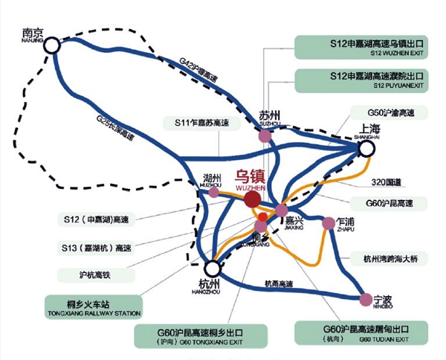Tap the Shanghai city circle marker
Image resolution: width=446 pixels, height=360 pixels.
[x=366, y=149]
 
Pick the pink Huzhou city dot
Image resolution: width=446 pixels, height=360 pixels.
[x=214, y=193]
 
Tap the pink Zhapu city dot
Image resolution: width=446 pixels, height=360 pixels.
[x=328, y=222]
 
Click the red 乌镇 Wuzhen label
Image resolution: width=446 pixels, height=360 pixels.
[x=250, y=178]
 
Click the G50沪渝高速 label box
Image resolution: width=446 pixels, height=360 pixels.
[x=387, y=115]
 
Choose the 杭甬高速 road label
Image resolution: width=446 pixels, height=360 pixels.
[x=279, y=283]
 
